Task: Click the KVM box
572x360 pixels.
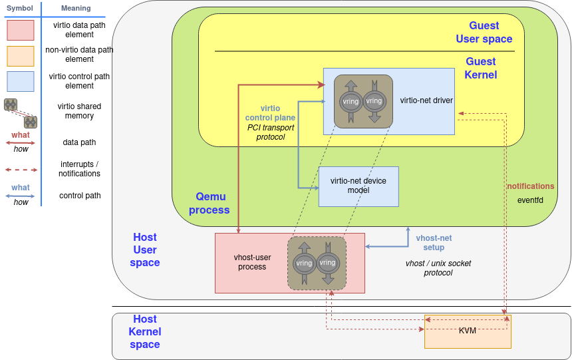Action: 468,331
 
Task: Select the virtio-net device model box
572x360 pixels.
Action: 358,186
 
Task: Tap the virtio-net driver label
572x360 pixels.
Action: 426,100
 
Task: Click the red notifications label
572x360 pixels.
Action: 530,186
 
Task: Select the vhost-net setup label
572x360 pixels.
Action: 434,243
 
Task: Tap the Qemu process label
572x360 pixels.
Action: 210,203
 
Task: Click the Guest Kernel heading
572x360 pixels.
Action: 480,68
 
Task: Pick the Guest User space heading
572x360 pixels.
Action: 484,32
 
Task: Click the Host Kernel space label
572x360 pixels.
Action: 145,331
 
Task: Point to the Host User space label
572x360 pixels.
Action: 145,250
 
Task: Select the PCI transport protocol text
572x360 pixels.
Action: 270,132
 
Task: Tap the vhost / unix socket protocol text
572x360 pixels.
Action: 438,268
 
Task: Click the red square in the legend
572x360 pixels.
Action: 20,30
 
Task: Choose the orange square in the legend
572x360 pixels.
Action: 20,56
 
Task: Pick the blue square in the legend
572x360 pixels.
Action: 20,81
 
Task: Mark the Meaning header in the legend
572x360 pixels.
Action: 75,8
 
